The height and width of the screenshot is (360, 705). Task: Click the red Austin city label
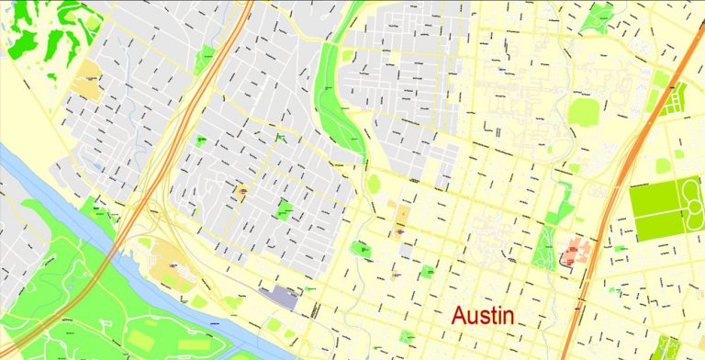click(x=484, y=316)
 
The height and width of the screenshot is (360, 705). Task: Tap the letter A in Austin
click(x=460, y=316)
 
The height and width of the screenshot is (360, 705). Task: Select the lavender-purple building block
click(x=279, y=295)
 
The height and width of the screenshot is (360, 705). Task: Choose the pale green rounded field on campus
click(x=584, y=113)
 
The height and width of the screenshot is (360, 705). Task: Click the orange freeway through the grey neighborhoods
click(x=205, y=92)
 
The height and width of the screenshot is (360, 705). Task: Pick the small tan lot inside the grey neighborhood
click(x=242, y=191)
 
